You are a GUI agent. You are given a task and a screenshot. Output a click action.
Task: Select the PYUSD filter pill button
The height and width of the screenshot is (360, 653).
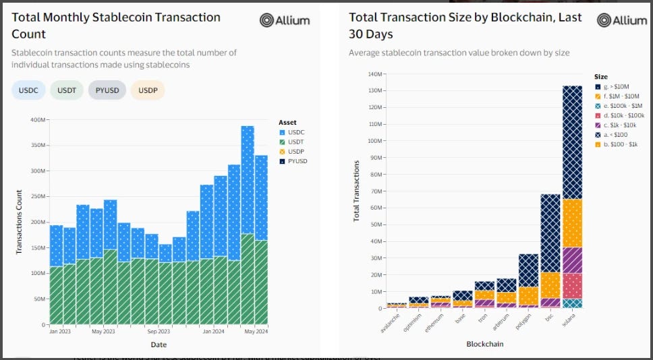(107, 90)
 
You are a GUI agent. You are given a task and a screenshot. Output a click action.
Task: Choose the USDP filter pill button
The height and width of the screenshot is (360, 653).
(147, 90)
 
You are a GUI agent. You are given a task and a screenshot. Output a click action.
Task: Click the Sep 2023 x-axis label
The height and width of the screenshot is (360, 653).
(159, 332)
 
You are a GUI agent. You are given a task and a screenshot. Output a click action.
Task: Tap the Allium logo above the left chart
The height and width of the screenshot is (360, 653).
(285, 20)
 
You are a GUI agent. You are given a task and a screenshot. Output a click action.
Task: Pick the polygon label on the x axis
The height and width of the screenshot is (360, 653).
(523, 321)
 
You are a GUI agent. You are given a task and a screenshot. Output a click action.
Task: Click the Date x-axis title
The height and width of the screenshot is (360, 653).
(159, 344)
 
